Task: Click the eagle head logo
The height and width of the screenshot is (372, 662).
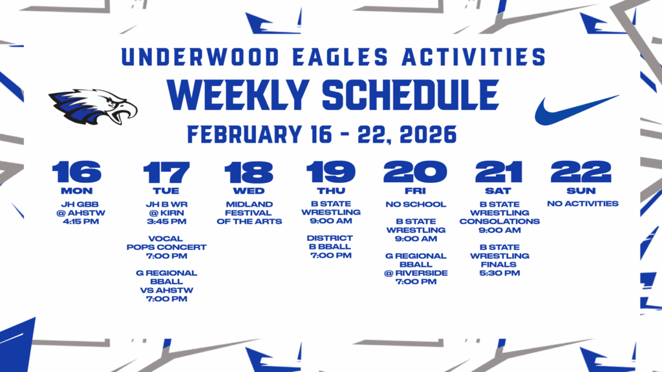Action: tap(92, 107)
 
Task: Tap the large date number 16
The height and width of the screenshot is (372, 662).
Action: tap(77, 172)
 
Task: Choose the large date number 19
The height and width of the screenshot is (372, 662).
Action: tap(331, 172)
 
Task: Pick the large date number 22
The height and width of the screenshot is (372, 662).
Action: tap(581, 172)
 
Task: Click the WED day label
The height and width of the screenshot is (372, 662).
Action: tap(249, 191)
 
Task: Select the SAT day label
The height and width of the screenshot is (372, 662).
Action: tap(498, 191)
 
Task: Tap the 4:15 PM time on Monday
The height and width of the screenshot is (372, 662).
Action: tap(77, 222)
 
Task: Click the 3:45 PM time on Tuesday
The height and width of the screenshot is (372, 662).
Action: tap(166, 222)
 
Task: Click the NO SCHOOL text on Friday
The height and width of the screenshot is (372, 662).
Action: tap(415, 205)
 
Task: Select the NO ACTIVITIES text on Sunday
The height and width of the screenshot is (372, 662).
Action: tap(582, 204)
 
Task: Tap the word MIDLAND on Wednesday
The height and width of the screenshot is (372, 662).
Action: tap(249, 205)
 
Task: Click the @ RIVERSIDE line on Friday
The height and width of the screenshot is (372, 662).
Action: tap(415, 273)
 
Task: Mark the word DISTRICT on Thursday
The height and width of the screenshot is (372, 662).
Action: tap(330, 238)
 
